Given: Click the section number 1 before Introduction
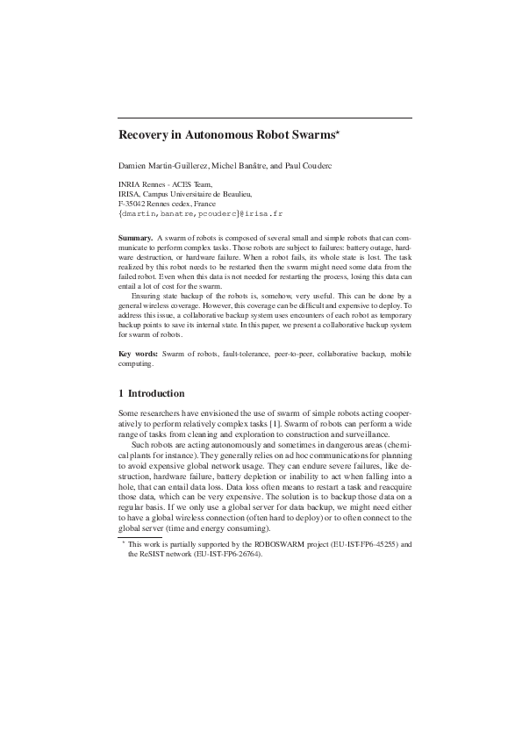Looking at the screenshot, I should (121, 393).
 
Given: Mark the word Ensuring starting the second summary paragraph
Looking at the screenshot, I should (148, 297).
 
